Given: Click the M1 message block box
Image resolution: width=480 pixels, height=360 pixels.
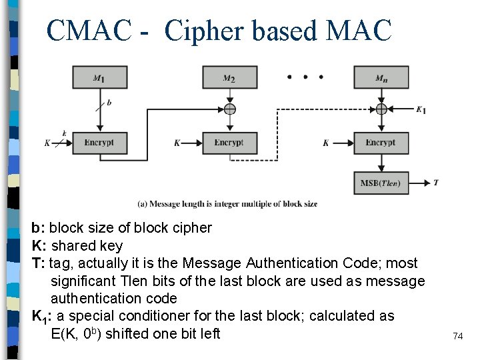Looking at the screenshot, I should click(x=99, y=77).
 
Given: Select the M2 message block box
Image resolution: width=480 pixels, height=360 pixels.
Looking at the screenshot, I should click(x=229, y=77).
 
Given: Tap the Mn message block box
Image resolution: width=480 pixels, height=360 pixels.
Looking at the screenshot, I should click(x=381, y=77).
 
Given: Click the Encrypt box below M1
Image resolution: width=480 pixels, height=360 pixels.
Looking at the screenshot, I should click(x=99, y=143).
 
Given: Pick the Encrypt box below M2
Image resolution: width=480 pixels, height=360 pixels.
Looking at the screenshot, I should click(x=229, y=143).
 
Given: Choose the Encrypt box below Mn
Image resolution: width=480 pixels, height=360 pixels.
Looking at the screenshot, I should click(x=381, y=143).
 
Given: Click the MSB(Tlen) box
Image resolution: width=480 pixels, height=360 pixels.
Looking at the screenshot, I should click(x=381, y=183).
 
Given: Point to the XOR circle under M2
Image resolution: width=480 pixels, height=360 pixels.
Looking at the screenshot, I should click(x=229, y=109).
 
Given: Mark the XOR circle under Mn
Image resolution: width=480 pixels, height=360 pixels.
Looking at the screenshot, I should click(x=381, y=109).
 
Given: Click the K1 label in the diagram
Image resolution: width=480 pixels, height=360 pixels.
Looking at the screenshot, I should click(x=421, y=110).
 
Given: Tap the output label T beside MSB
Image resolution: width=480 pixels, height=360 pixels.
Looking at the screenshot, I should click(x=436, y=182).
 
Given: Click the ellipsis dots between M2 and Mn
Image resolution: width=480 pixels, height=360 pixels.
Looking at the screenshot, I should click(x=305, y=77).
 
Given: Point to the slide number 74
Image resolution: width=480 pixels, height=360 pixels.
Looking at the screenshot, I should click(x=457, y=336).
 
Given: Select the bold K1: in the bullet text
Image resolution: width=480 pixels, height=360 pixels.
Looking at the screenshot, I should click(x=42, y=316).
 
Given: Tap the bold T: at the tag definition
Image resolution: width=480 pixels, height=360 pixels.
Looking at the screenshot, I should click(x=38, y=263).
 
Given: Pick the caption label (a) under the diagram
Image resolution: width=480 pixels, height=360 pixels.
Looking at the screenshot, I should click(x=143, y=204).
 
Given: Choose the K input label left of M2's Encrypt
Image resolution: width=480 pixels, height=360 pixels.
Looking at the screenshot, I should click(x=177, y=143).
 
